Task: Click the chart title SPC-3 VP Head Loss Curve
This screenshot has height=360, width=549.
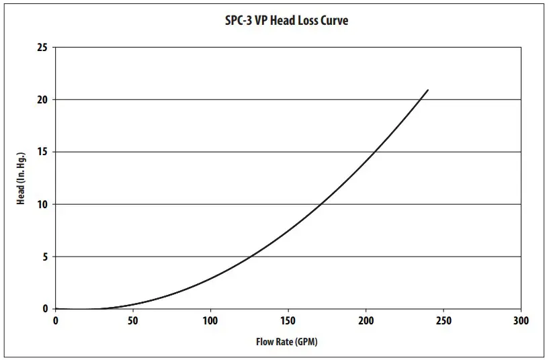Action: (x=286, y=20)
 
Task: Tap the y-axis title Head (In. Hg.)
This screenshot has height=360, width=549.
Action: (x=21, y=179)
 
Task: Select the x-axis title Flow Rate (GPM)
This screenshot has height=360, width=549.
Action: (x=286, y=342)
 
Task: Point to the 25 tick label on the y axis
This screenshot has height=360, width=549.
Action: (x=42, y=48)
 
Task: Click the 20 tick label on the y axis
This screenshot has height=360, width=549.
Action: (x=42, y=100)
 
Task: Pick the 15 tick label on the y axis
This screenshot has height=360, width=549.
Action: (x=42, y=152)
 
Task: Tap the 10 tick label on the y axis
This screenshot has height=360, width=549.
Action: (x=42, y=204)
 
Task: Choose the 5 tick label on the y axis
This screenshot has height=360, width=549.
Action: (x=45, y=257)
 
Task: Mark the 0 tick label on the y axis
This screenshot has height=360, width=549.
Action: (x=45, y=309)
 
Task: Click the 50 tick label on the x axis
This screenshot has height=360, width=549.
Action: (x=133, y=321)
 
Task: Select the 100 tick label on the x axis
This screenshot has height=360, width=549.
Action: (x=211, y=321)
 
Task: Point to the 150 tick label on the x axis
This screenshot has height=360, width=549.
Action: (x=288, y=321)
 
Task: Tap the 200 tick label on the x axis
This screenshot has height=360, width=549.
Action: (x=366, y=321)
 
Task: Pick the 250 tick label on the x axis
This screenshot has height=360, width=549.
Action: (x=444, y=321)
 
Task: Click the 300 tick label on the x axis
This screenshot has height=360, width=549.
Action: (x=521, y=321)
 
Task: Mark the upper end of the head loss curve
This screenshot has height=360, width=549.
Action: (x=427, y=90)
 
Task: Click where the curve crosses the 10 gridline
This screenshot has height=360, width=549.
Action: (x=320, y=204)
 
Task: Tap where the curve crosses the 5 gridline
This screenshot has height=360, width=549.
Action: (x=250, y=257)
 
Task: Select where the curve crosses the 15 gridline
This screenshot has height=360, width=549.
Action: (x=374, y=152)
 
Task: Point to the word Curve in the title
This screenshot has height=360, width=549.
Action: (x=333, y=20)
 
